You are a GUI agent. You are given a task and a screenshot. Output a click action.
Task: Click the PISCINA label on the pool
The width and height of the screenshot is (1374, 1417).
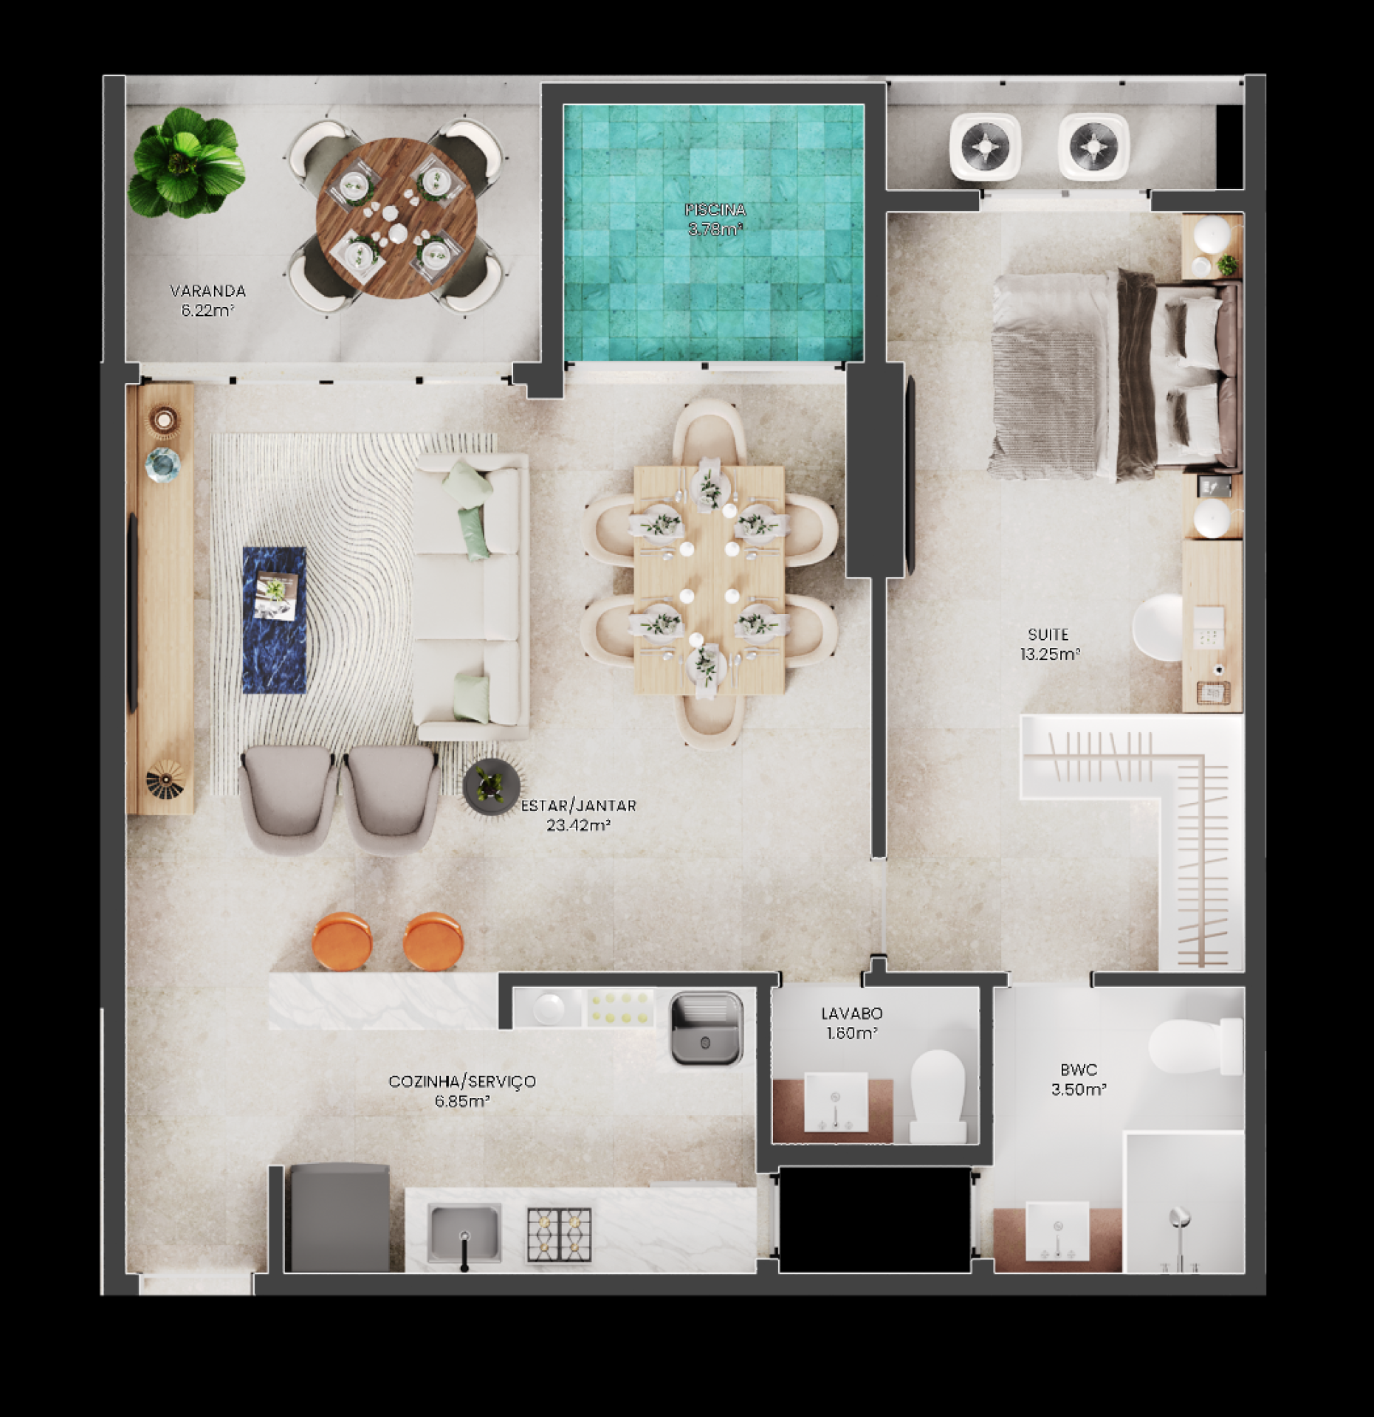[715, 210]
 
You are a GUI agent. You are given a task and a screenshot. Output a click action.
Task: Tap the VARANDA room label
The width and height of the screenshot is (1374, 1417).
[207, 291]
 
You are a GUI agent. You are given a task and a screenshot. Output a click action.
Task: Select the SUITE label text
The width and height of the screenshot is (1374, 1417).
[1048, 635]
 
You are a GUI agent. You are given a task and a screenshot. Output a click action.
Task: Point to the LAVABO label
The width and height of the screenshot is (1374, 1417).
[852, 1014]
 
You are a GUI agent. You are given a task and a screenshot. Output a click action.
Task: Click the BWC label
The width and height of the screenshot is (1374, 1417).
[1079, 1070]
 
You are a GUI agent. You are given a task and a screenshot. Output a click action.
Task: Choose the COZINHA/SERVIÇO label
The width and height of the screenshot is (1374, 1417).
[462, 1082]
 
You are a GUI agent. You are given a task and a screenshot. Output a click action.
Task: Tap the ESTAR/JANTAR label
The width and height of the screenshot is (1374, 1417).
[579, 806]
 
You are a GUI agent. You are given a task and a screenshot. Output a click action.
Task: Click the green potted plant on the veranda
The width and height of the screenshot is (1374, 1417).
[185, 163]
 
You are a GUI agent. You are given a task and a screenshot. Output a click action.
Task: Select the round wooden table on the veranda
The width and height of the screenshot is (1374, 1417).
[396, 218]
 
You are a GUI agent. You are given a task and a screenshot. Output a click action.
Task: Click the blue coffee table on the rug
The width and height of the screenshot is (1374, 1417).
[275, 620]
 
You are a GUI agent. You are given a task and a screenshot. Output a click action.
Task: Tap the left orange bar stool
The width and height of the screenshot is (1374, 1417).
[342, 941]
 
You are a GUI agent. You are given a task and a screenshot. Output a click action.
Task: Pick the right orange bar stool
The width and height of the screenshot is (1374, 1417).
[433, 942]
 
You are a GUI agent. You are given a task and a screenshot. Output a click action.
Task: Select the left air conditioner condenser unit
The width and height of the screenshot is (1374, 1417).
[986, 147]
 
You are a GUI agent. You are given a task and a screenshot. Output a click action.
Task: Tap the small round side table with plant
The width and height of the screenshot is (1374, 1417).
[491, 787]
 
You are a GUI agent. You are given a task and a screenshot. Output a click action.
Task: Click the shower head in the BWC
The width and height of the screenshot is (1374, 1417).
[1179, 1217]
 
